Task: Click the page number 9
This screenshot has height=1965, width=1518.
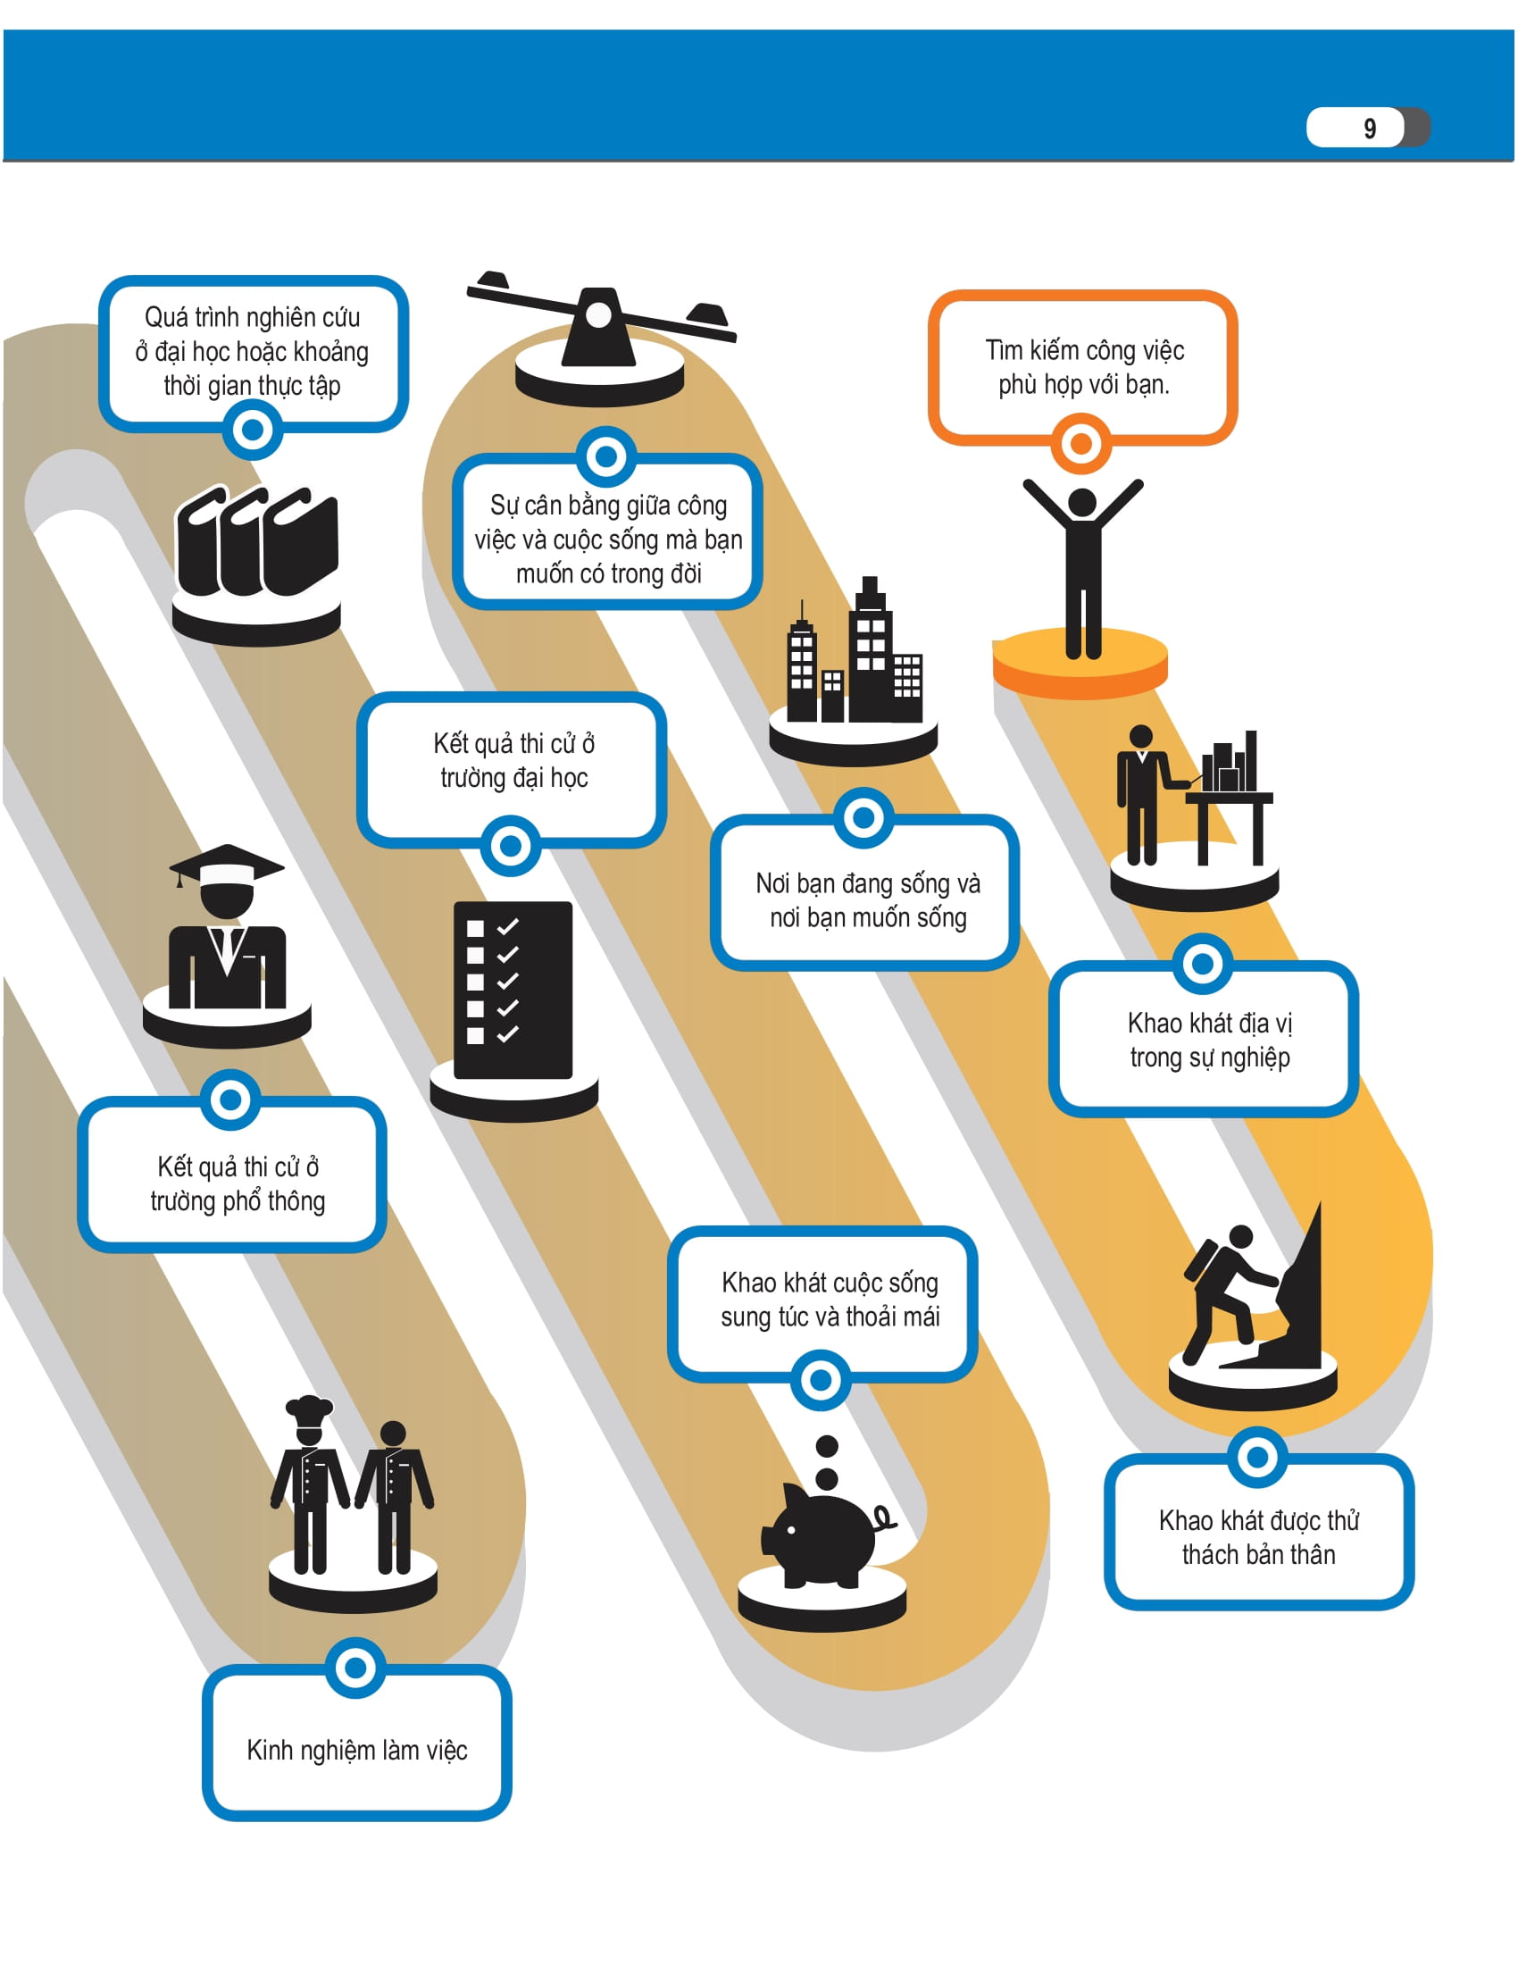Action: click(1369, 128)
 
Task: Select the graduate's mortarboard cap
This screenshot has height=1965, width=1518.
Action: click(227, 865)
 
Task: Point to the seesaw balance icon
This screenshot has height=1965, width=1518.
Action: click(599, 321)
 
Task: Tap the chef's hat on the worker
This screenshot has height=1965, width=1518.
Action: click(308, 1408)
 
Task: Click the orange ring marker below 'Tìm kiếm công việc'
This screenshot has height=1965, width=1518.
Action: click(1081, 444)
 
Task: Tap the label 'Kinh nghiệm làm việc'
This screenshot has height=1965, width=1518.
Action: click(357, 1750)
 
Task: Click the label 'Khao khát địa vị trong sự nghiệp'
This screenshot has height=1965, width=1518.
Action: click(1210, 1040)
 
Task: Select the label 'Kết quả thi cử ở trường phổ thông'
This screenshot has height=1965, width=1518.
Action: click(238, 1184)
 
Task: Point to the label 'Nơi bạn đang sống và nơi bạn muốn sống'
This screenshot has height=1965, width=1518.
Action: click(868, 899)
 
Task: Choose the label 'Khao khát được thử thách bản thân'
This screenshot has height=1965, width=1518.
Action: click(1258, 1537)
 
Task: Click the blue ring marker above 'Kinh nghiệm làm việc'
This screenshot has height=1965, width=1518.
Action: click(356, 1668)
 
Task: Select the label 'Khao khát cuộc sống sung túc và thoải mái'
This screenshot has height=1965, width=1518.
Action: click(830, 1300)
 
